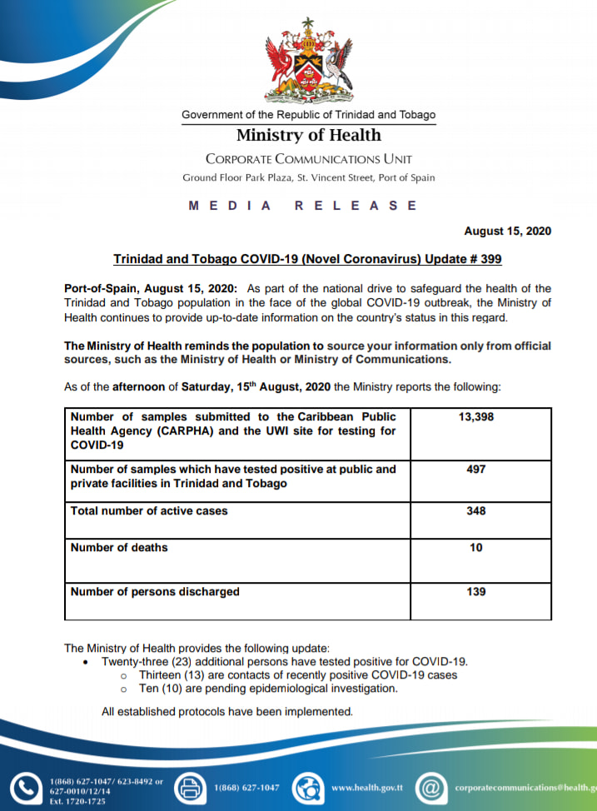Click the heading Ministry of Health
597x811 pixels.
click(x=308, y=135)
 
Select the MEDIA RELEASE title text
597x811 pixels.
click(x=302, y=206)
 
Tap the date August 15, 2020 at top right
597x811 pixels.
click(x=507, y=231)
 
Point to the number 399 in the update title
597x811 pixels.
click(x=490, y=259)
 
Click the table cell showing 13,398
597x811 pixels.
click(x=475, y=416)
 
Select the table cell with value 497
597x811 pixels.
click(x=475, y=470)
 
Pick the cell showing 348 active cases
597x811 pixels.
click(x=475, y=510)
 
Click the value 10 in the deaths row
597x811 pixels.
click(x=475, y=548)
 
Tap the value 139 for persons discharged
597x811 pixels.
click(x=475, y=592)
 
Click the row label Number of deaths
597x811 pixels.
click(x=119, y=548)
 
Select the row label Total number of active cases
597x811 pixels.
click(x=149, y=510)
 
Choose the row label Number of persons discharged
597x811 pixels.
click(x=155, y=592)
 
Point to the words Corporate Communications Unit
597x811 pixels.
click(x=308, y=159)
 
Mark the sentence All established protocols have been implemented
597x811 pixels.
click(x=227, y=711)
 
